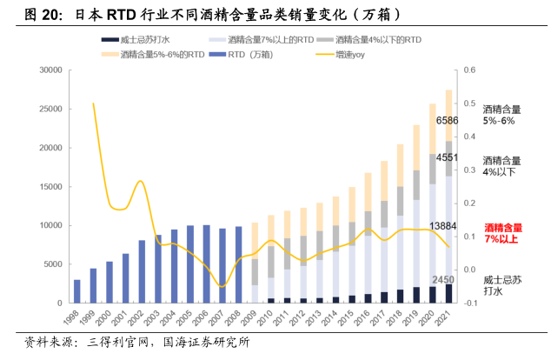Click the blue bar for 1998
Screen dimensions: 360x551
pyautogui.click(x=76, y=291)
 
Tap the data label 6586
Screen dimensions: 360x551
pyautogui.click(x=447, y=120)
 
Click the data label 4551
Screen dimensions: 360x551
pyautogui.click(x=447, y=157)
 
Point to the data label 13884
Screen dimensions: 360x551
pyautogui.click(x=444, y=227)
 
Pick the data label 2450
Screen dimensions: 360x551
pyautogui.click(x=443, y=279)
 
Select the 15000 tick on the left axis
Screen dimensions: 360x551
pyautogui.click(x=45, y=187)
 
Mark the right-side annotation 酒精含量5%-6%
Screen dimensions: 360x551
pyautogui.click(x=502, y=115)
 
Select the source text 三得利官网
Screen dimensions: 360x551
pyautogui.click(x=113, y=342)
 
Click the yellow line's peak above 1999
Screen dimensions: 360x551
pyautogui.click(x=93, y=103)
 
